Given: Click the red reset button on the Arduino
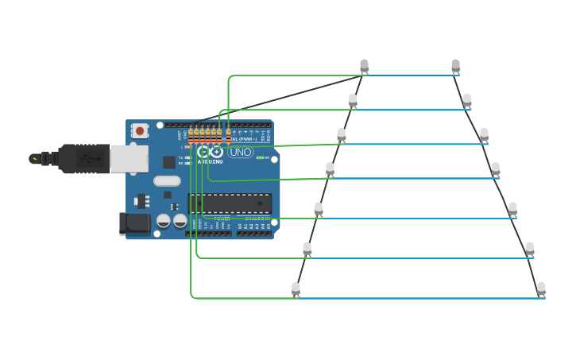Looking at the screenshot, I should click(x=140, y=130).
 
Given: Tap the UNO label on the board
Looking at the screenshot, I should click(x=240, y=152).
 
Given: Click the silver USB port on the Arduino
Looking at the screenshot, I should click(x=129, y=158).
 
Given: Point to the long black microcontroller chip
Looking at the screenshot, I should click(x=230, y=203).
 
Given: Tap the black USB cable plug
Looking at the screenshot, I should click(x=84, y=158).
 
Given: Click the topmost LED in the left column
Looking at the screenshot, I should click(x=364, y=65).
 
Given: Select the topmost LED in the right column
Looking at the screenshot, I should click(x=455, y=65).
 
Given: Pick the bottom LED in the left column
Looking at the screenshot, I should click(x=296, y=288).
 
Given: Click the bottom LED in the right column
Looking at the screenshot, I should click(x=541, y=288).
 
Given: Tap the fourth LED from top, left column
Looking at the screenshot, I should click(x=330, y=168).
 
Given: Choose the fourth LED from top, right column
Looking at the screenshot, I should click(x=496, y=168).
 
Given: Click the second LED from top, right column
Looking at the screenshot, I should click(x=467, y=99).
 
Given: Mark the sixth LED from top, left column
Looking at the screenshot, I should click(x=307, y=248).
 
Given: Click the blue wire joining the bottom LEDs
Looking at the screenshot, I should click(x=421, y=298).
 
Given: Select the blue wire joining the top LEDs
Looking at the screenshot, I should click(x=409, y=75).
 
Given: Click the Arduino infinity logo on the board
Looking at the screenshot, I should click(x=210, y=152).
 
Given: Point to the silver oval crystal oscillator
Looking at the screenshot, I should click(x=167, y=180).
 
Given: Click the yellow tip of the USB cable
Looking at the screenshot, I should click(x=34, y=158).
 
